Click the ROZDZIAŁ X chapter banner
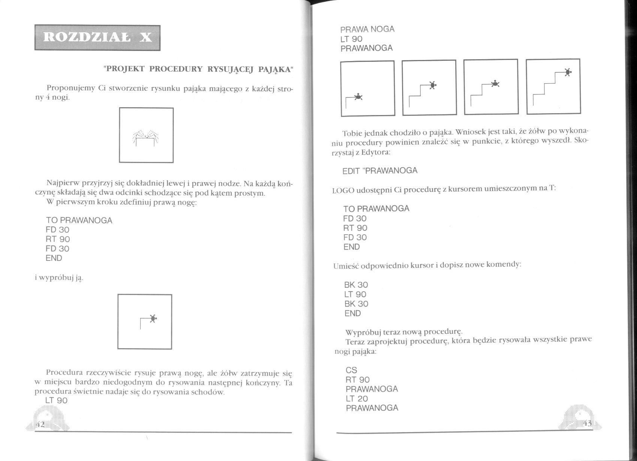pyautogui.click(x=97, y=37)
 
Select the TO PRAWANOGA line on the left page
pyautogui.click(x=79, y=220)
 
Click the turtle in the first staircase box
pyautogui.click(x=359, y=97)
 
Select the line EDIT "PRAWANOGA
pyautogui.click(x=380, y=171)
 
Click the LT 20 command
pyautogui.click(x=357, y=399)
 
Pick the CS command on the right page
pyautogui.click(x=351, y=370)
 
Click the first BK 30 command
pyautogui.click(x=356, y=285)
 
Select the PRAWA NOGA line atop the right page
pyautogui.click(x=367, y=29)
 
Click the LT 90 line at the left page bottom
pyautogui.click(x=56, y=400)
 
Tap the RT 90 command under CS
pyautogui.click(x=357, y=380)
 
